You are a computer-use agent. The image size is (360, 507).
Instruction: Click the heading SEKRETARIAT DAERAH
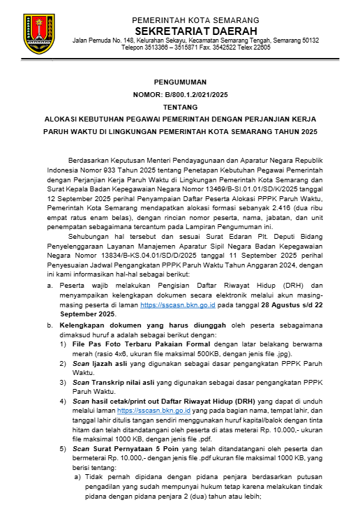(x=195, y=31)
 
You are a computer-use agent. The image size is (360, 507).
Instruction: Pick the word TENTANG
(x=181, y=107)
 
